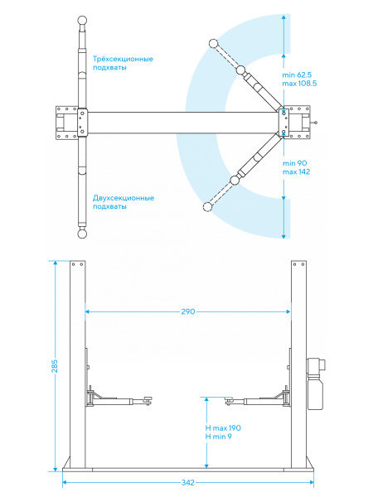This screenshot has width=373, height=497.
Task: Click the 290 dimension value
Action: (x=188, y=311)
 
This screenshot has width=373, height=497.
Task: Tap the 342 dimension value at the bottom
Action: (x=188, y=482)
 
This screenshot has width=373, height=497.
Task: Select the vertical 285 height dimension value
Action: (x=55, y=366)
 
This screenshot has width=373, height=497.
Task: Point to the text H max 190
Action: (x=223, y=428)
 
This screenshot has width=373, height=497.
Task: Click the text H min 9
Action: (x=218, y=437)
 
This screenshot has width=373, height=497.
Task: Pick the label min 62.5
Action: (x=297, y=75)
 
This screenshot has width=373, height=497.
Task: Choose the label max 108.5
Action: (x=299, y=84)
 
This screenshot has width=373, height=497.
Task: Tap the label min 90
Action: (x=294, y=163)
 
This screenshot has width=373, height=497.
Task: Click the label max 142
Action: (x=296, y=171)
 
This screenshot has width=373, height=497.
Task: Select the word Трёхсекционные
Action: (x=123, y=59)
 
